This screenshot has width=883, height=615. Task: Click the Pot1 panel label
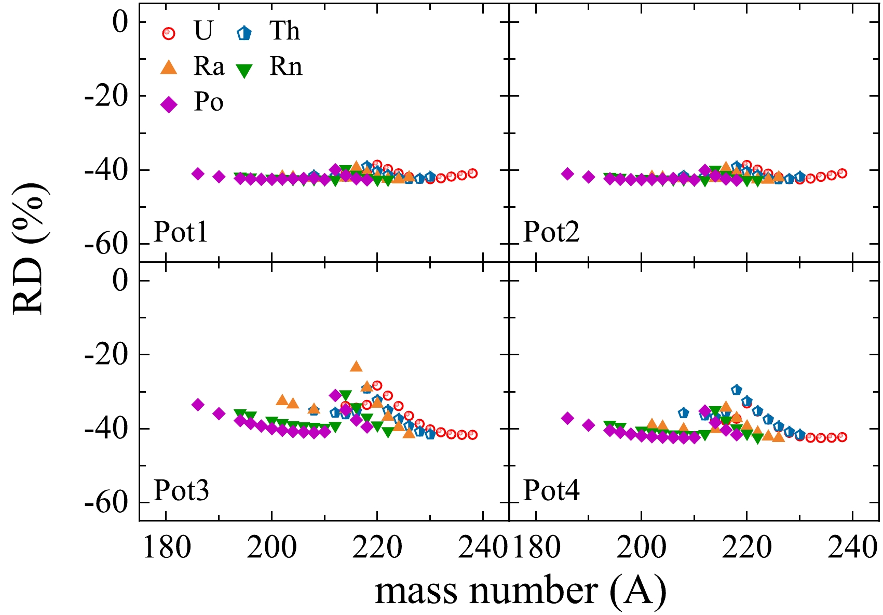(x=181, y=232)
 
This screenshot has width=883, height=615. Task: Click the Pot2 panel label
(x=551, y=232)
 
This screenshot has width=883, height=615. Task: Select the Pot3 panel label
(x=181, y=490)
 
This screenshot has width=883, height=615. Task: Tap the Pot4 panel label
(x=551, y=490)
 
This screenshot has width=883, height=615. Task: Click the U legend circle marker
(x=169, y=33)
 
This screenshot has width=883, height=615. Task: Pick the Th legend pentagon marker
(x=244, y=33)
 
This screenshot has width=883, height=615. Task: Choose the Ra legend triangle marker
(x=169, y=67)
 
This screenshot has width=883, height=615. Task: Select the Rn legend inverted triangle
(x=244, y=70)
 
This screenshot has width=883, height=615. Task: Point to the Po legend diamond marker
(x=169, y=104)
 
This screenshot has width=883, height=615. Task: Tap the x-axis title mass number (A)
(x=520, y=591)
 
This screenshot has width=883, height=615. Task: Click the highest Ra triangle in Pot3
(x=356, y=366)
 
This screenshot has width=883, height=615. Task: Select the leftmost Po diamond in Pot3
(x=198, y=405)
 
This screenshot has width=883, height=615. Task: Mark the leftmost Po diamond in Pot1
(x=198, y=173)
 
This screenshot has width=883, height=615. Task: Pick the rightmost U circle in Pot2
(x=842, y=173)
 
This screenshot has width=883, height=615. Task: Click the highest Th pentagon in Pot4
(x=736, y=390)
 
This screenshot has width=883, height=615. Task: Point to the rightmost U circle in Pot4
(x=842, y=437)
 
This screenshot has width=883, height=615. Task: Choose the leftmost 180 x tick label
(x=166, y=547)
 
